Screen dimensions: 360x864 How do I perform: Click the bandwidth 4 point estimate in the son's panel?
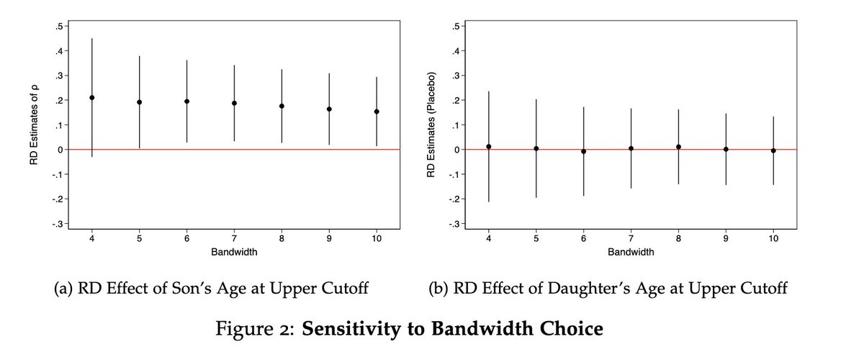coord(91,97)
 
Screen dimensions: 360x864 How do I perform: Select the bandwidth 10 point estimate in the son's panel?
coord(377,112)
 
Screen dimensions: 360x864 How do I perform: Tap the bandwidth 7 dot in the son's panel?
coord(234,103)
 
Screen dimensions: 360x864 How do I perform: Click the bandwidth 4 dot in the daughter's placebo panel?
coord(488,147)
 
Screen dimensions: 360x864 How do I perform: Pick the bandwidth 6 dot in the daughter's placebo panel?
coord(583,151)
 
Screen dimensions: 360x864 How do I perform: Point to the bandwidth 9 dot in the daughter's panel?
coord(726,149)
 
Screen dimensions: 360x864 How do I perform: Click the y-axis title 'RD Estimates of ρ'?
coord(34,125)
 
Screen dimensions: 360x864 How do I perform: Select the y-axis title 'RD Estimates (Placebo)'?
coord(431,125)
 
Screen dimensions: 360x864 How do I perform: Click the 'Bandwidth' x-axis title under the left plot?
coord(234,252)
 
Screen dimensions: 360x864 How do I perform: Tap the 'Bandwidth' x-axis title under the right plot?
coord(631,252)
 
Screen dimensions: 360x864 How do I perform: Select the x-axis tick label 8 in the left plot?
coord(282,239)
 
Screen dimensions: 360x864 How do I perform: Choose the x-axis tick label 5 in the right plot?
coord(536,239)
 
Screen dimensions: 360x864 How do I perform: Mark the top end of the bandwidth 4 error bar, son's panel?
coord(91,38)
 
